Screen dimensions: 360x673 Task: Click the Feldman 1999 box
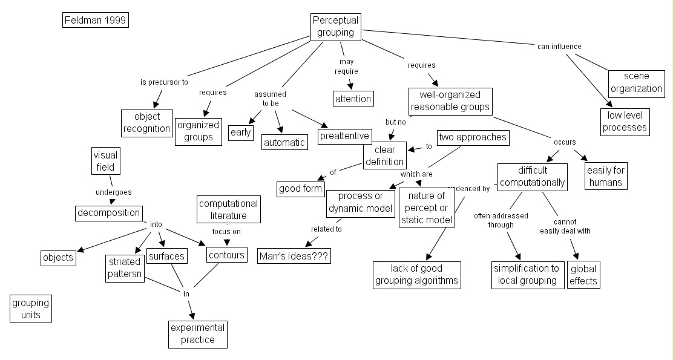(x=96, y=21)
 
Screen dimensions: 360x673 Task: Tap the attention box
(x=353, y=98)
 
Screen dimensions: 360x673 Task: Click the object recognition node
(x=146, y=123)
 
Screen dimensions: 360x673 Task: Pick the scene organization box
(x=636, y=83)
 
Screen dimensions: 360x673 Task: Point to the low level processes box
(x=625, y=121)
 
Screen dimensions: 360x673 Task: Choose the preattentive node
(x=344, y=136)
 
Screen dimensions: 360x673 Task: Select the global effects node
(x=583, y=275)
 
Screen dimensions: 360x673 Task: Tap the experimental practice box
(x=198, y=334)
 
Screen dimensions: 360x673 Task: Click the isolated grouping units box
(x=31, y=309)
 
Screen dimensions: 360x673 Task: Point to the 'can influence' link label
(x=559, y=47)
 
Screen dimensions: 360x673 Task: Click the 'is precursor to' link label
(x=164, y=82)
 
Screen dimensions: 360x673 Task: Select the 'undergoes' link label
(x=113, y=192)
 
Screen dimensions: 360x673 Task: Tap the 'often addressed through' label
(x=501, y=220)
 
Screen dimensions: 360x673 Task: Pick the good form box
(x=300, y=189)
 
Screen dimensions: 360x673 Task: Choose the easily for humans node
(x=605, y=175)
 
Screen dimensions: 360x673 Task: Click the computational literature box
(x=228, y=209)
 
